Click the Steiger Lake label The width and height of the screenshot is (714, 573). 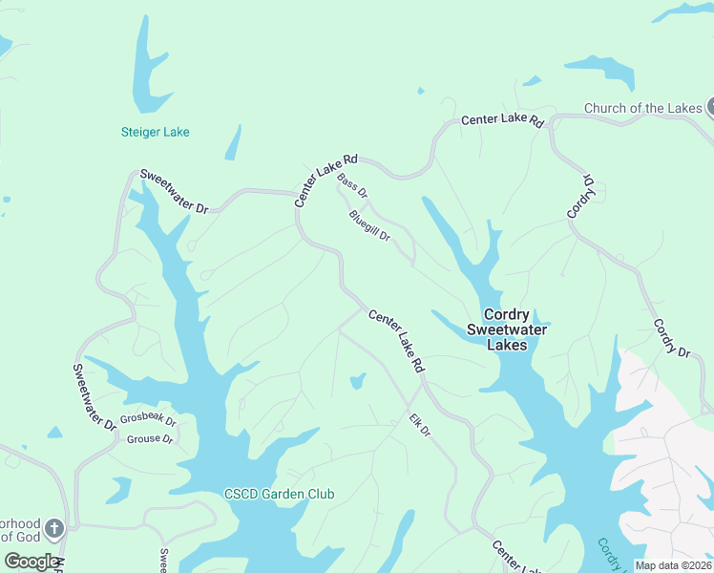tap(155, 132)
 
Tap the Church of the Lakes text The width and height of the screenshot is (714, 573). tap(642, 108)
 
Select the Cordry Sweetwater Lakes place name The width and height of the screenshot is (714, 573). tap(507, 329)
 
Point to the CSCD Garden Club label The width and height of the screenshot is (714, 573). tap(279, 494)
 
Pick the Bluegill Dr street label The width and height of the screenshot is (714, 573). tap(369, 225)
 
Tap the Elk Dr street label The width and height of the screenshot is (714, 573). tap(420, 426)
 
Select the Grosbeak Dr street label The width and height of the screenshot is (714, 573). tap(148, 419)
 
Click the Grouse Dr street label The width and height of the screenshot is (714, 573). tap(149, 439)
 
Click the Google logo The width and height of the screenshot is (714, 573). tap(31, 562)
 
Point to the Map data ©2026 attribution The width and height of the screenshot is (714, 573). tap(674, 565)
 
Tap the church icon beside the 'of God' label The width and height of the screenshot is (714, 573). tap(55, 527)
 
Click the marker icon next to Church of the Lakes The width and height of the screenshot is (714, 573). tap(710, 107)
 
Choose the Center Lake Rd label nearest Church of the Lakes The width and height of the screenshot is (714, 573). tap(502, 121)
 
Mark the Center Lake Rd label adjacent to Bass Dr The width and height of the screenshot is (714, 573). tap(325, 180)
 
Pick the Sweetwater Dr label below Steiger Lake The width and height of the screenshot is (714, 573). tap(174, 191)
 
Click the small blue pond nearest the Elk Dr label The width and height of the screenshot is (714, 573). tap(357, 381)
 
